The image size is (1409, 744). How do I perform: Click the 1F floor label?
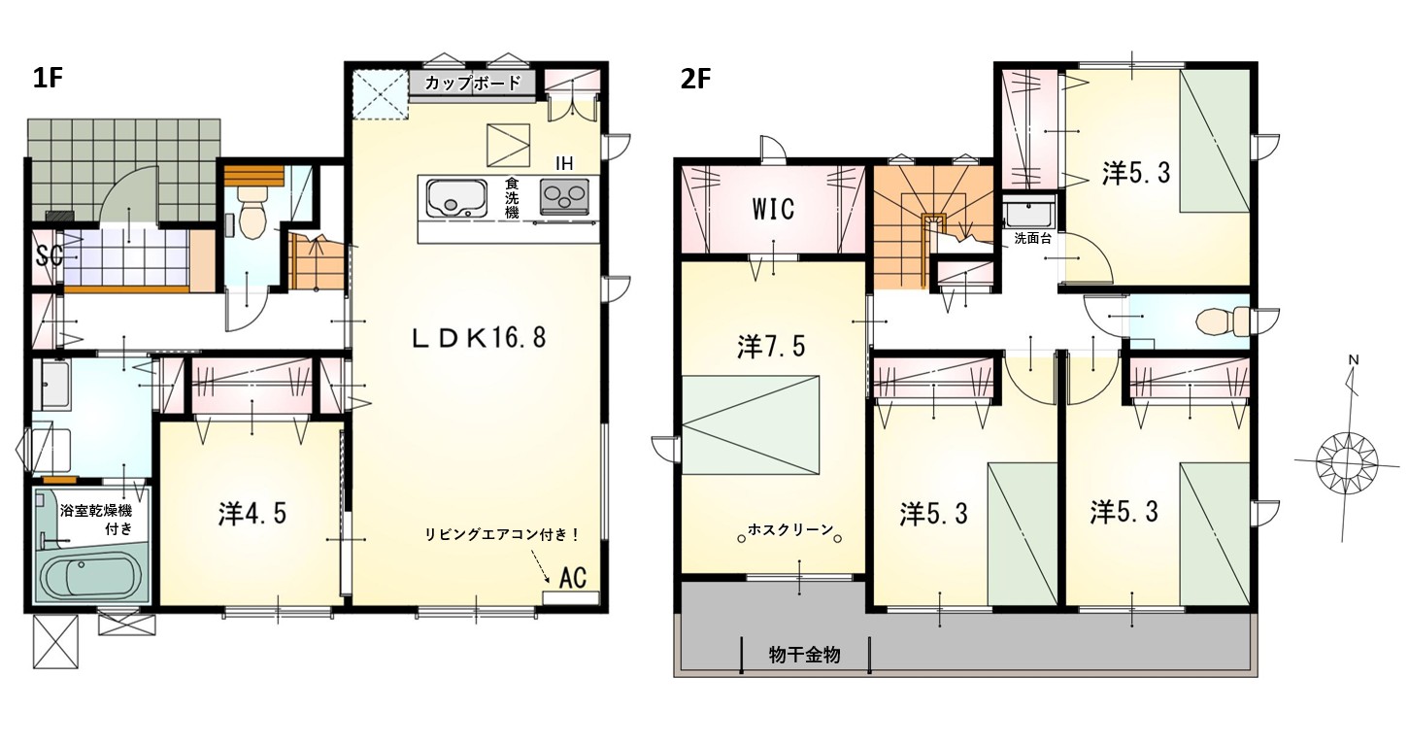[48, 80]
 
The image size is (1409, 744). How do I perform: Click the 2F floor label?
[695, 80]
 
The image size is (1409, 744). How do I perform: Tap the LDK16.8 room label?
[479, 338]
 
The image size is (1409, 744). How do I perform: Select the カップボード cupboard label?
[473, 83]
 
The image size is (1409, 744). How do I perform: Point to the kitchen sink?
[456, 197]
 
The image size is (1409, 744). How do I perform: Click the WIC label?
[773, 209]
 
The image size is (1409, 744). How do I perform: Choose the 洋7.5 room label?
[771, 346]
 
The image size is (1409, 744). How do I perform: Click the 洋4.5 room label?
[252, 513]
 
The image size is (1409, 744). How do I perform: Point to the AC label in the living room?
[573, 577]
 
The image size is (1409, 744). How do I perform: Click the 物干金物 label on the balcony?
[804, 656]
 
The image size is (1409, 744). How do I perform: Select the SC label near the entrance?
[50, 256]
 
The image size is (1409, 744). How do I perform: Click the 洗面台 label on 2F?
[1032, 239]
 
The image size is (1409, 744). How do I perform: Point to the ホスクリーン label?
[790, 529]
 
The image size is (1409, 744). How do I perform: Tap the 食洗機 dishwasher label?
[512, 198]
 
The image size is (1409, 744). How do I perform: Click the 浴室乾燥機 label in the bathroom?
[95, 510]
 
